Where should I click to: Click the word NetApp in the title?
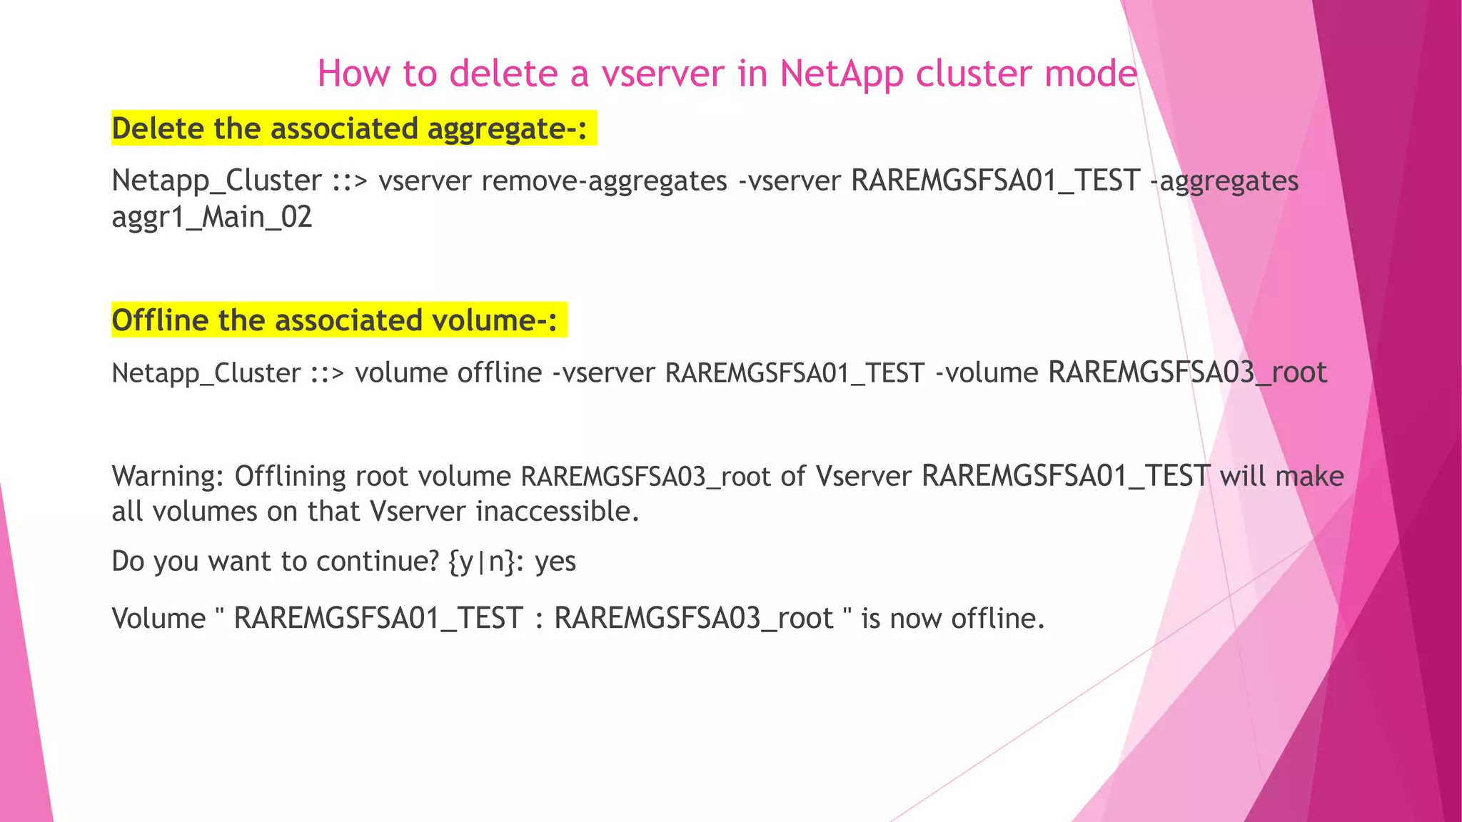point(842,73)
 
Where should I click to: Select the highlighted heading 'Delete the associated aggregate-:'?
point(349,128)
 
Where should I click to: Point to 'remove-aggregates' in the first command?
point(604,181)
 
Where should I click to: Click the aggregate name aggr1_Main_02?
point(212,217)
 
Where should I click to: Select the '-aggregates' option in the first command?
point(1224,181)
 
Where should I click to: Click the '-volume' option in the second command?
point(987,372)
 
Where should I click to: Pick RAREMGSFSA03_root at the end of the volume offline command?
point(1187,372)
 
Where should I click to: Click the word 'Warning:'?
point(168,476)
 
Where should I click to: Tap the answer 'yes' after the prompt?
point(555,562)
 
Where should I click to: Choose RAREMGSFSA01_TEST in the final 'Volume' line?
point(378,618)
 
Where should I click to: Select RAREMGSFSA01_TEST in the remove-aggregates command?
point(995,181)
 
